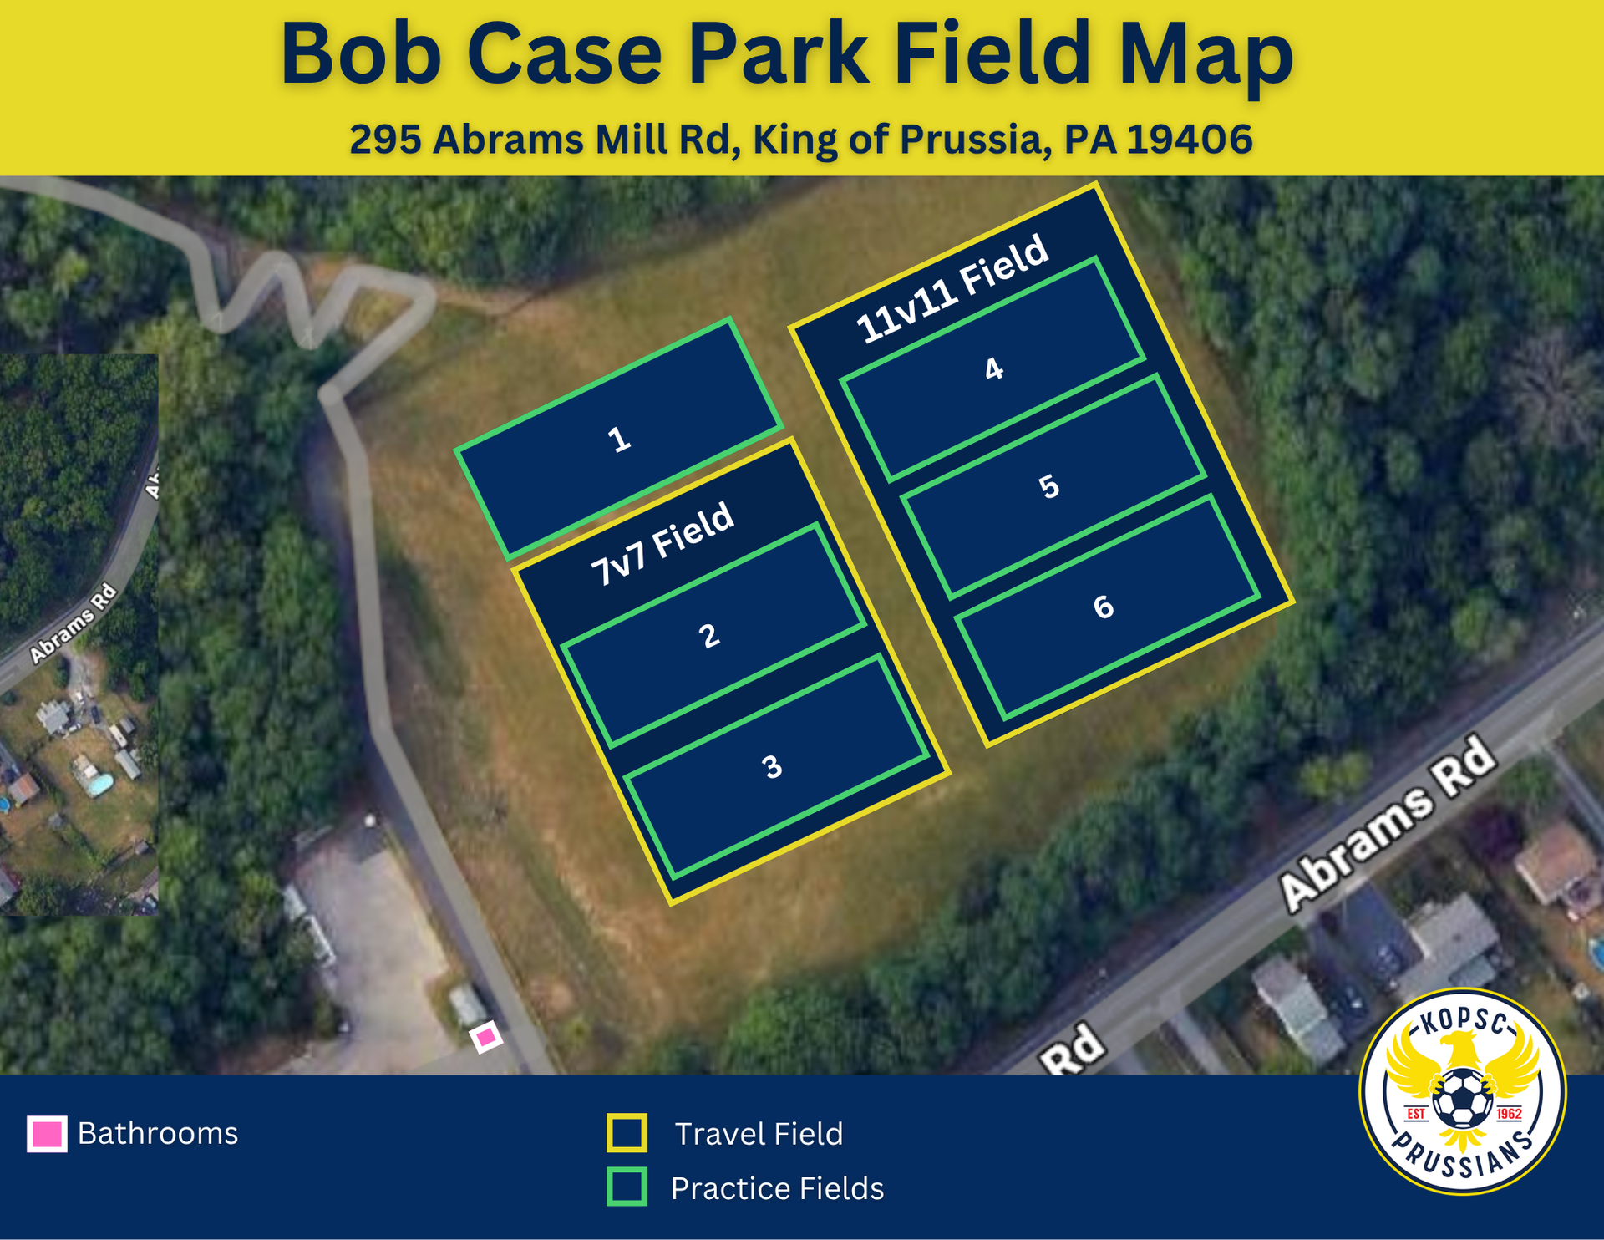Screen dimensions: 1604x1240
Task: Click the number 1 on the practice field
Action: coord(618,439)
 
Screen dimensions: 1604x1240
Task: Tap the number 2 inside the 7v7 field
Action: coord(709,636)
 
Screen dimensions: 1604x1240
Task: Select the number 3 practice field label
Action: coord(772,766)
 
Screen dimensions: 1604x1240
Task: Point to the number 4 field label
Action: coord(993,368)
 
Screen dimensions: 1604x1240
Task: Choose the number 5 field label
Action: coord(1048,486)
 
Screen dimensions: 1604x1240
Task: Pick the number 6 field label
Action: coord(1104,607)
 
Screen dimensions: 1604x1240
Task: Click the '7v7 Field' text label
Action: coord(662,544)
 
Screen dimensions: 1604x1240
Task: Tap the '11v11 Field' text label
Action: coord(952,289)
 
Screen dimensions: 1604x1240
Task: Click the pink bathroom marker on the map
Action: coord(485,1038)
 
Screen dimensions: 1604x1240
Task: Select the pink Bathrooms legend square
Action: coord(47,1134)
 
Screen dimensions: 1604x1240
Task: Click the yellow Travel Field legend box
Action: coord(627,1133)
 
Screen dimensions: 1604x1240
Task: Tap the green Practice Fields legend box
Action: coord(627,1187)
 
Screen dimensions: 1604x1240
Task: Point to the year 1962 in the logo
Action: coord(1509,1114)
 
